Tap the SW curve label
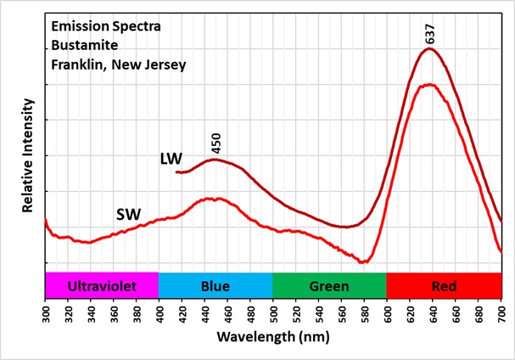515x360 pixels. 128,215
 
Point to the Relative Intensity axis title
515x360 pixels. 27,155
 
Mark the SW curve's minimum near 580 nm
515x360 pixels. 363,262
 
